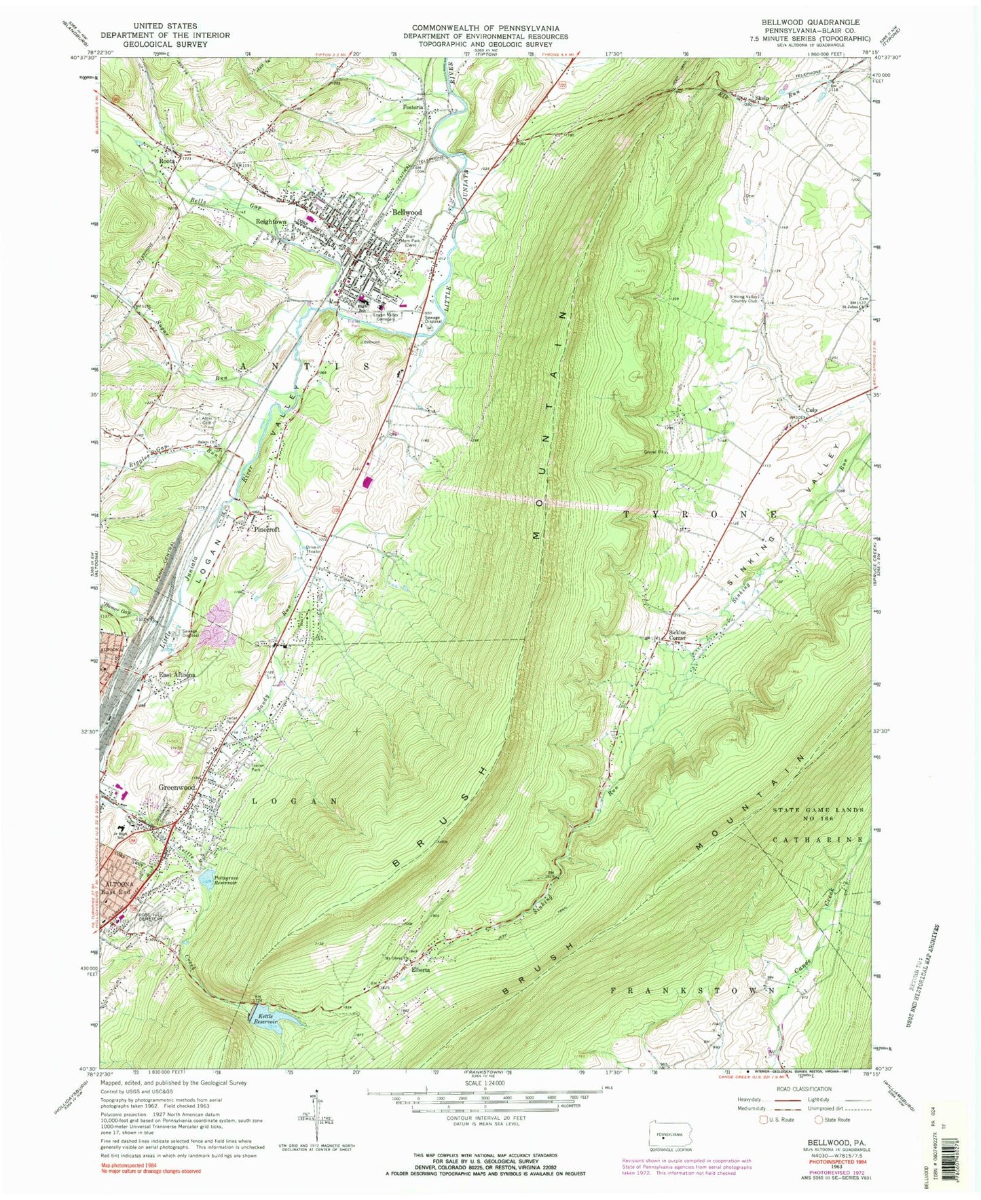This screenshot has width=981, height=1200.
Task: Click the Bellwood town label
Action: (407, 213)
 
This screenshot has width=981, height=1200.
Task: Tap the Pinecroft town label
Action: (267, 529)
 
